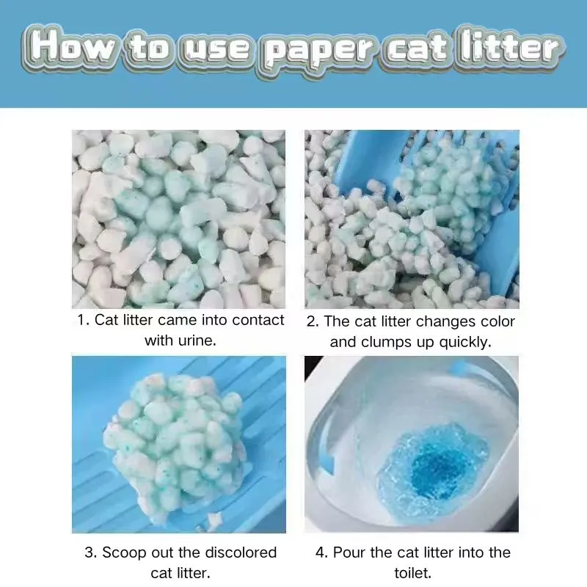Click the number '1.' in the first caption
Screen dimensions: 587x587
(x=83, y=321)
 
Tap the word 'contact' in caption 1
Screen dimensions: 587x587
(x=253, y=321)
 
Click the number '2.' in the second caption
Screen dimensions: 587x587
(x=313, y=321)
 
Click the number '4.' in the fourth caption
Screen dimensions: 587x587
(x=321, y=553)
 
